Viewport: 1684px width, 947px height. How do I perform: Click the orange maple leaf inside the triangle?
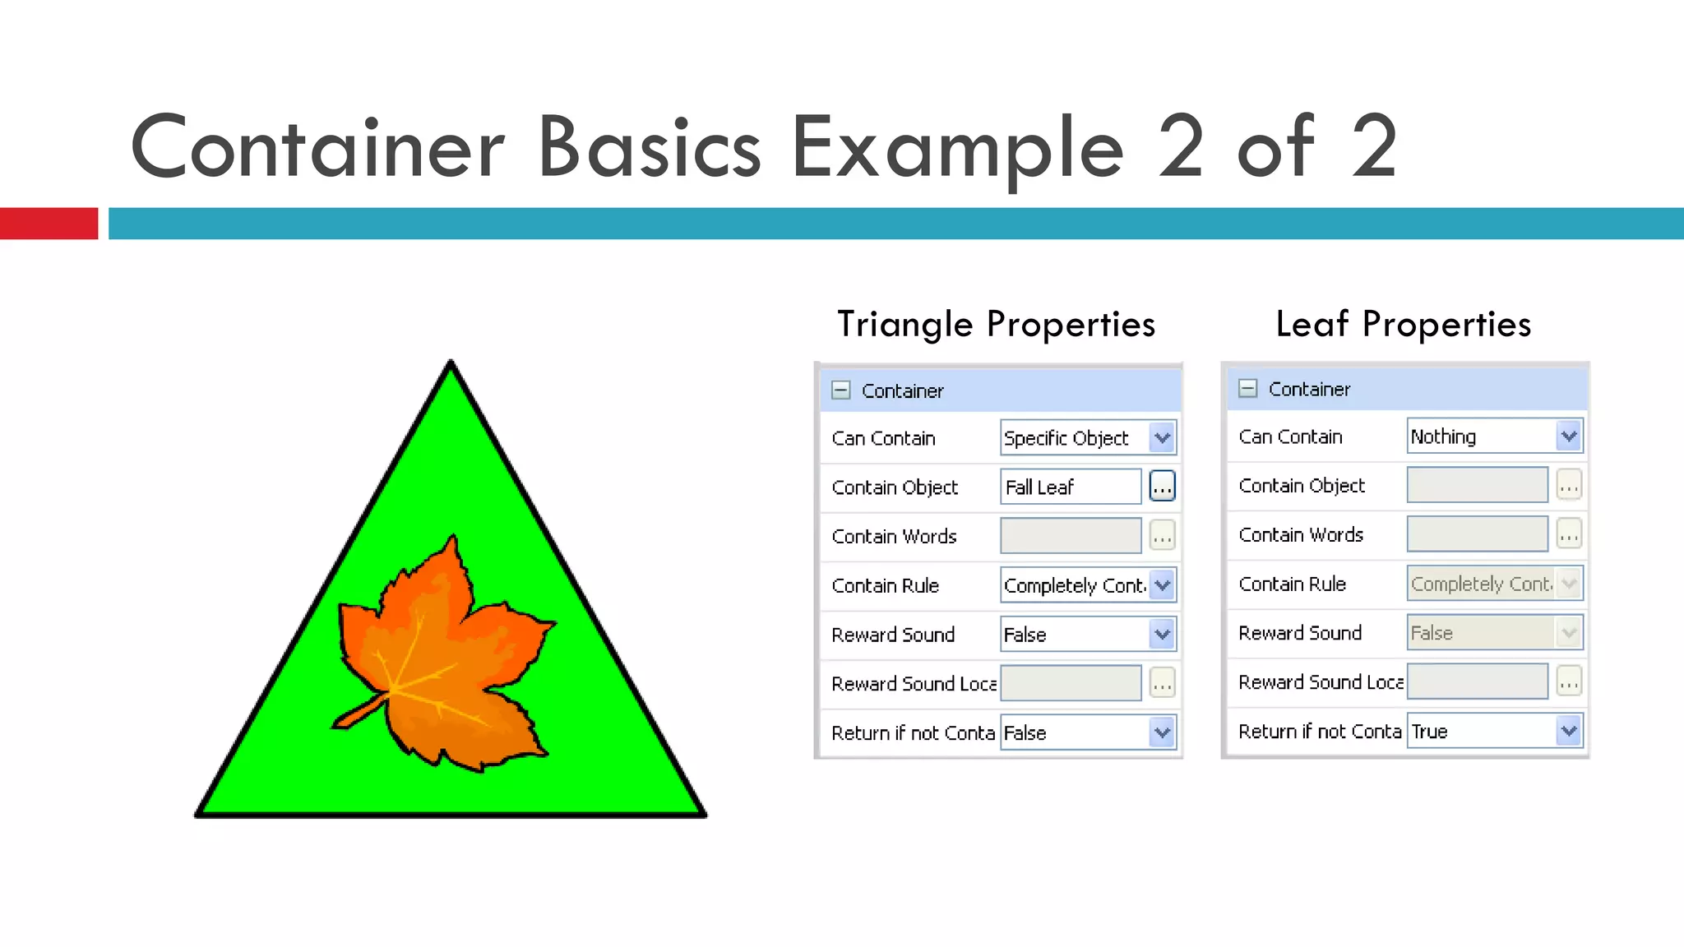(x=448, y=658)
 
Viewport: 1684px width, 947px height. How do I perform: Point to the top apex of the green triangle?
(x=451, y=363)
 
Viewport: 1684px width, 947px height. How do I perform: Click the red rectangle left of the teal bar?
(x=49, y=224)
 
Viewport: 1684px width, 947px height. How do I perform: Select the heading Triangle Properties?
(x=996, y=324)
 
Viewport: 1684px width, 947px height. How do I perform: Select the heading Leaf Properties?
(x=1403, y=324)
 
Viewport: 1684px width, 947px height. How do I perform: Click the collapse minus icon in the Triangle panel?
(x=840, y=390)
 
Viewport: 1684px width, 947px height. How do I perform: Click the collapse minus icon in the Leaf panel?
(x=1247, y=389)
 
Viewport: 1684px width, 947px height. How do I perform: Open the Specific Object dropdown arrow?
(x=1162, y=438)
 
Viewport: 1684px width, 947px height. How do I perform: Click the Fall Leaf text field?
(x=1070, y=487)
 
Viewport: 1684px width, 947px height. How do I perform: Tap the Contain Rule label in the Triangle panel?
(x=885, y=586)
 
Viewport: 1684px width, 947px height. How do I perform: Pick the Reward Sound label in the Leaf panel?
(x=1300, y=633)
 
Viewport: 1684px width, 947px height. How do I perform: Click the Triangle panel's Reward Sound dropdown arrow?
(x=1162, y=635)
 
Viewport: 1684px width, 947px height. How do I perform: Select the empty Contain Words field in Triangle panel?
(x=1070, y=537)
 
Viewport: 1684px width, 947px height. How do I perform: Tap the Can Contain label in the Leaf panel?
(x=1290, y=437)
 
